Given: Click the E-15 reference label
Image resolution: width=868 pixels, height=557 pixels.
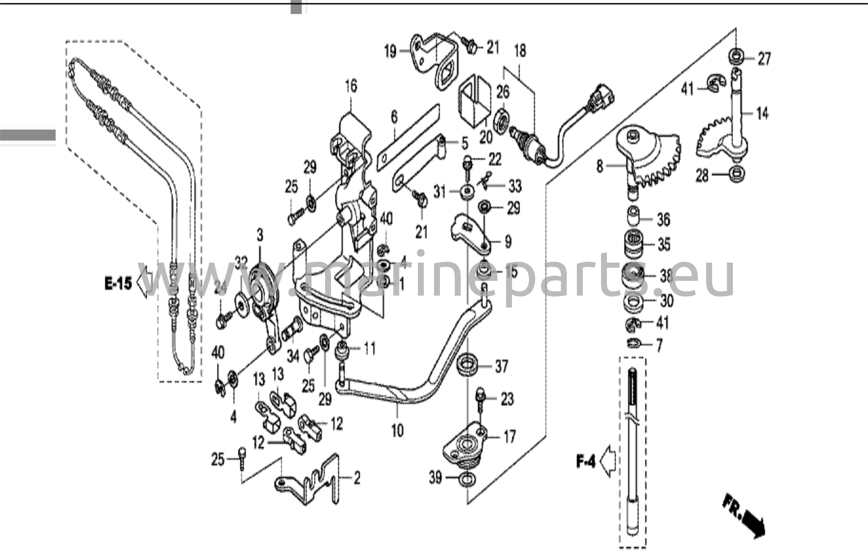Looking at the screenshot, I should tap(118, 283).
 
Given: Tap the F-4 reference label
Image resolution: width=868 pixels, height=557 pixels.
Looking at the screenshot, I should tap(586, 461).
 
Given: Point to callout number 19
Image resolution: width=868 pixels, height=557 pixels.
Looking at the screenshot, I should tap(390, 52).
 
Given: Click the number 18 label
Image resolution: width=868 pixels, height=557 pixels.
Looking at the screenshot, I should tap(520, 50).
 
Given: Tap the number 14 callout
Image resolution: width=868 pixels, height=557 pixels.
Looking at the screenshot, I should tap(762, 113).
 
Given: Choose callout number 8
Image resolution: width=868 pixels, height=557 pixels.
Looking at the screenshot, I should tap(599, 166).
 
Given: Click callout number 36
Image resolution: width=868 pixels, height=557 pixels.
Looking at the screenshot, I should tap(663, 219).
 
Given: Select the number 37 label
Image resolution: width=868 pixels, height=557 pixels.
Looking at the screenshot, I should tap(501, 366).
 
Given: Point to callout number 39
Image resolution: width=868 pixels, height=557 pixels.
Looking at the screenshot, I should tap(435, 478).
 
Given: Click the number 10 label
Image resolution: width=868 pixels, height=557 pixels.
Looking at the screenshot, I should tap(397, 431).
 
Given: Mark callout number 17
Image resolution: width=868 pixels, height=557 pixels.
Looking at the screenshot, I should tap(509, 436).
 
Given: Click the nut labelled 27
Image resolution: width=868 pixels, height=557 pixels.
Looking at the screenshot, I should tap(736, 55).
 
